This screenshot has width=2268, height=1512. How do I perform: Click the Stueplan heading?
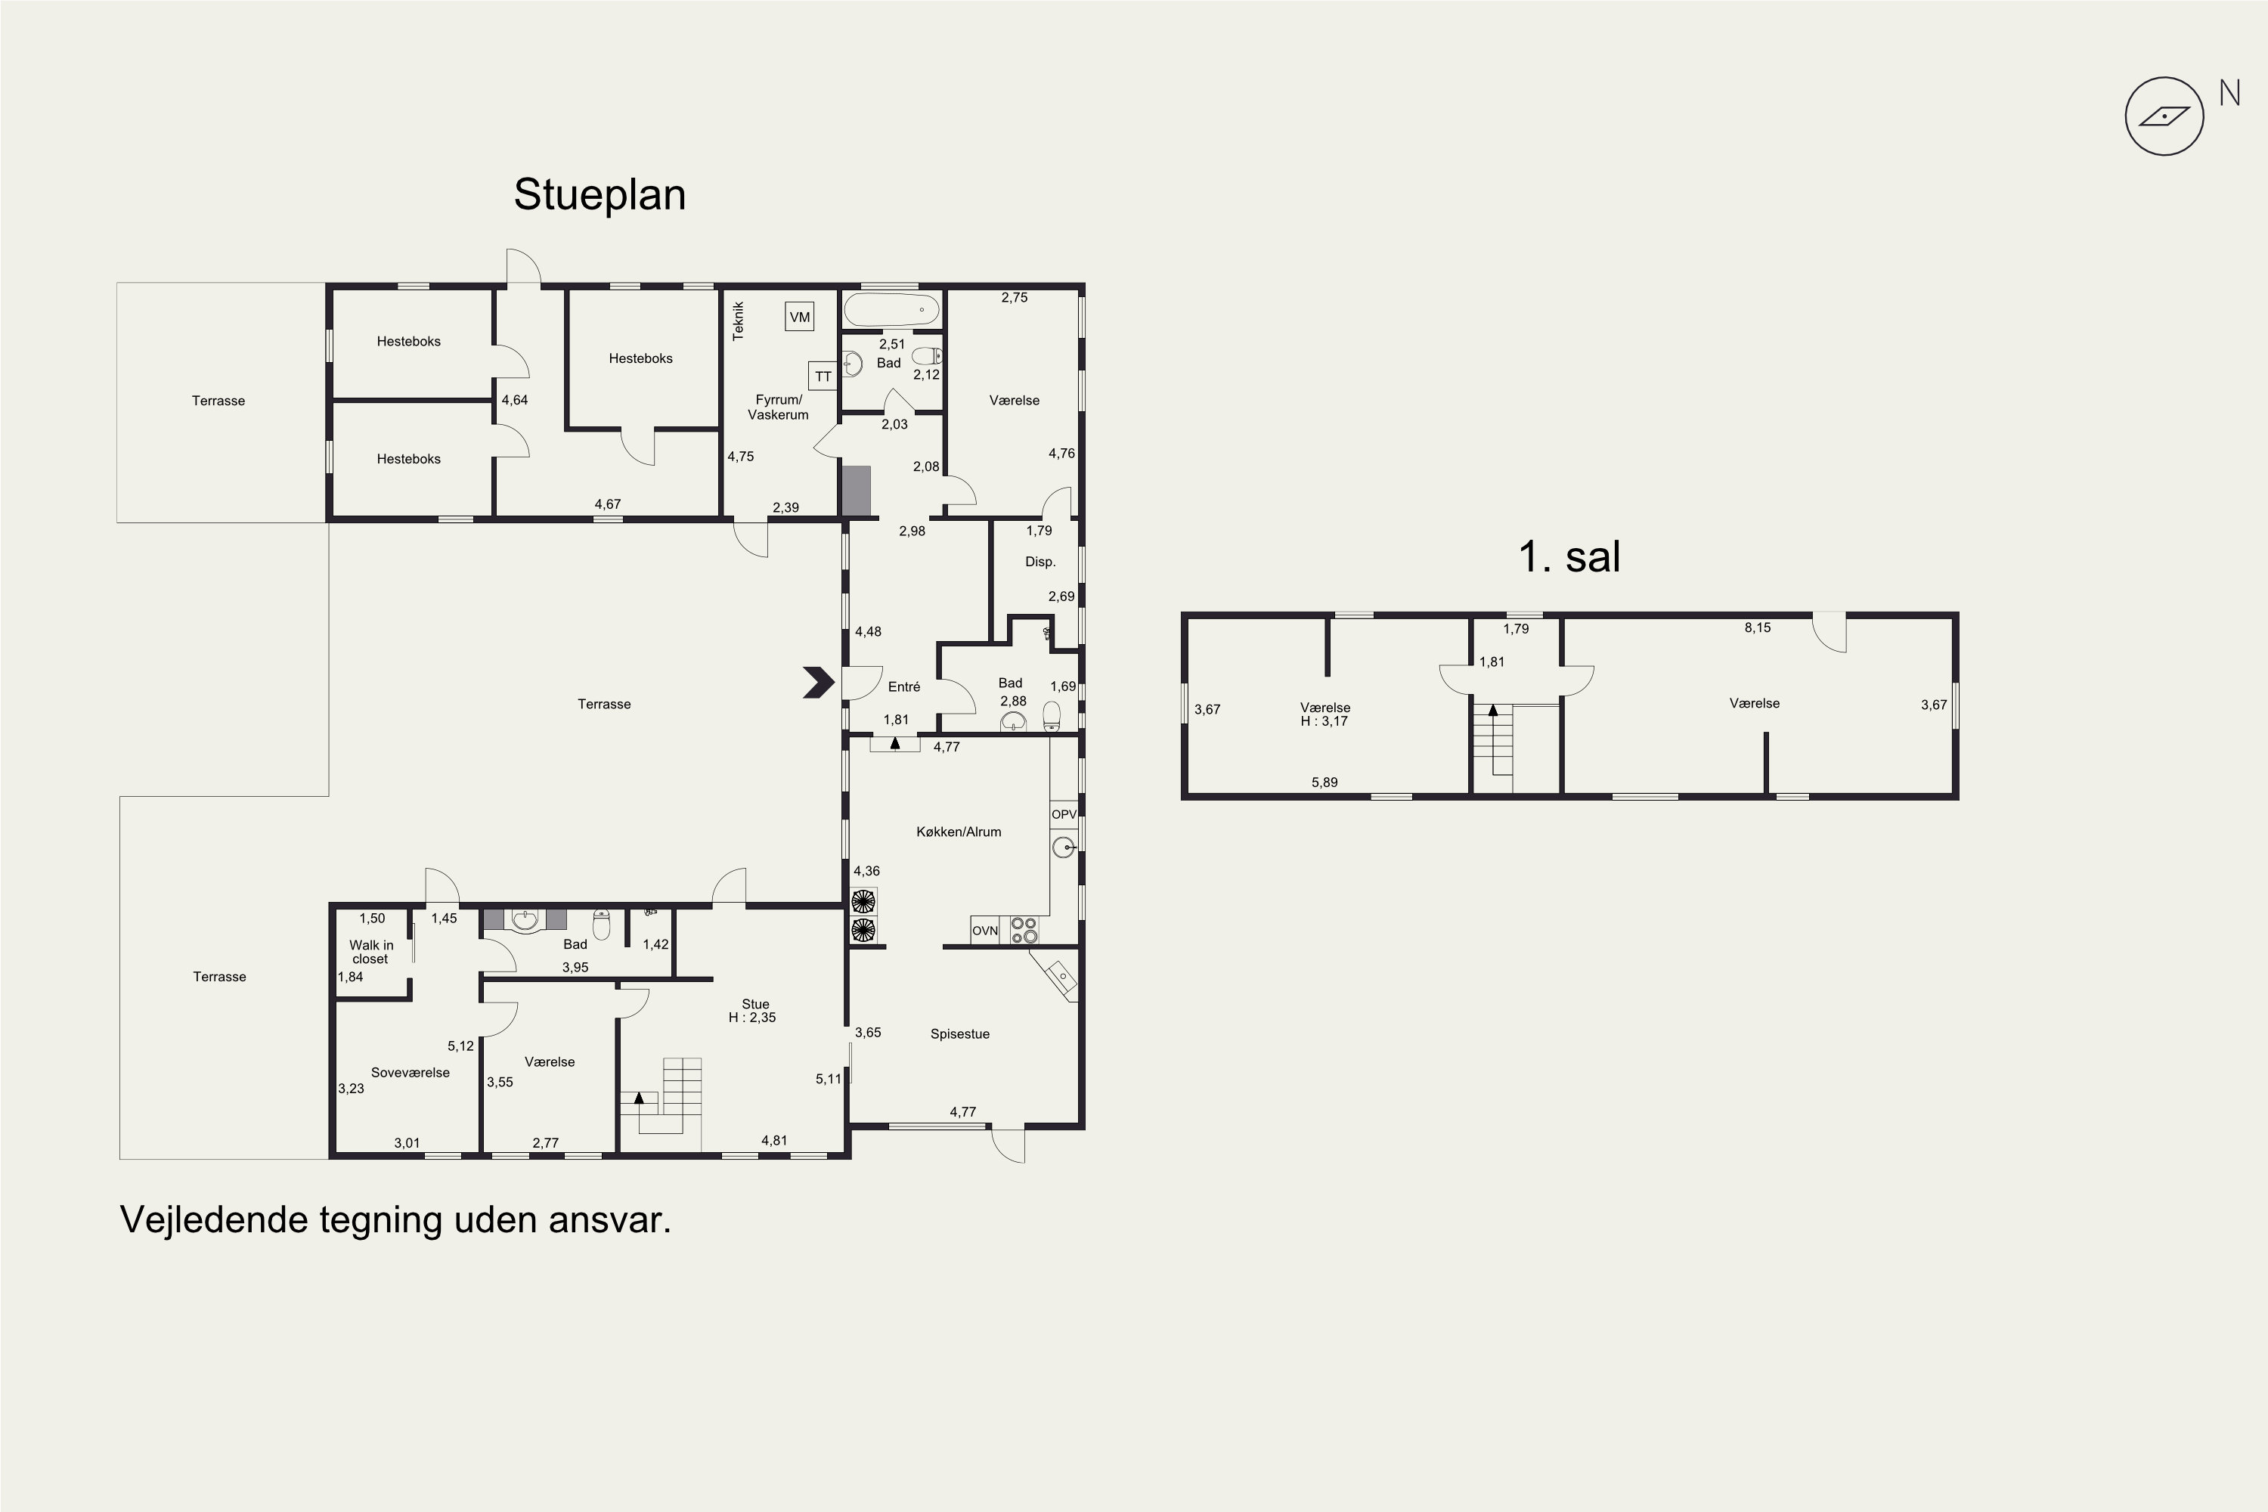pos(600,196)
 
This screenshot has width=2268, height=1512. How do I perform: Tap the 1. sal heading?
pos(1569,556)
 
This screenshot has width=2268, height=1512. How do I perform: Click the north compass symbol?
pos(2165,116)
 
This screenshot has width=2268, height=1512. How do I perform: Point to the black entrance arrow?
pos(819,683)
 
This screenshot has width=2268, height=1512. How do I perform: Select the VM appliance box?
pos(799,316)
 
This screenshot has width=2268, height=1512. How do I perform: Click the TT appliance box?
pos(823,376)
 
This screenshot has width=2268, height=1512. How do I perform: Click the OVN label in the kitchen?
pos(984,931)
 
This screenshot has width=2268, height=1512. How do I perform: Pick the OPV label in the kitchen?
pos(1064,815)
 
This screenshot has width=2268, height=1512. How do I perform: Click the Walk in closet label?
pos(371,952)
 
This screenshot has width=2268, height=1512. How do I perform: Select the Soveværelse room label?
pos(410,1072)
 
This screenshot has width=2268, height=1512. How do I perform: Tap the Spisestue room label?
pos(959,1033)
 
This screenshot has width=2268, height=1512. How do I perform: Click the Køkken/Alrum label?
pos(959,831)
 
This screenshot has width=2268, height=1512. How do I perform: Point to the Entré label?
pos(903,686)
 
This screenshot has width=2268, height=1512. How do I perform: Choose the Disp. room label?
pos(1039,561)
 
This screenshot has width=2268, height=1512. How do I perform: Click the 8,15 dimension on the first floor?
pos(1757,627)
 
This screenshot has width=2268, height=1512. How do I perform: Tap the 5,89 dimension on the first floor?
pos(1324,782)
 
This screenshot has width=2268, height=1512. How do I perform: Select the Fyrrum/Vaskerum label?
pos(778,407)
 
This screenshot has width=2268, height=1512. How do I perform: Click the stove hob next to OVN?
pos(1024,930)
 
